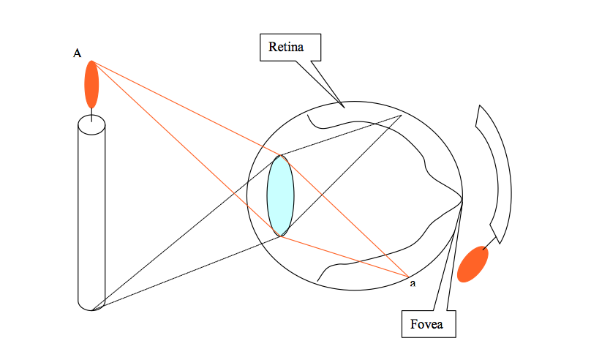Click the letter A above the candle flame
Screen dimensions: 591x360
77,53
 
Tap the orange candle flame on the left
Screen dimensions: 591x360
91,84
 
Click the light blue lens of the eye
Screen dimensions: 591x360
281,195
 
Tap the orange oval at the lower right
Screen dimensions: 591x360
473,264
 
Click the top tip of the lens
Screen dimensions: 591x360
281,155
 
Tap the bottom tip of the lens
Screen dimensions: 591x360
281,236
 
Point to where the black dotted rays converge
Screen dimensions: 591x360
402,115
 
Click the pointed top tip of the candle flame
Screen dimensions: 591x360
91,61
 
